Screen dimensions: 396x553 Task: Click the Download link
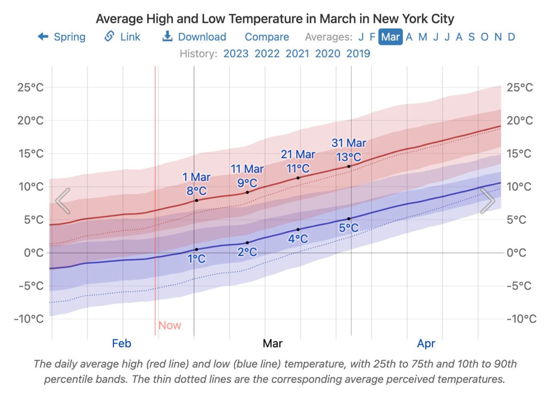coord(194,37)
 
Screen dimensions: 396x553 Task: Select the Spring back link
coord(62,37)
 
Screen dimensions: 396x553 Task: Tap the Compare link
coord(267,37)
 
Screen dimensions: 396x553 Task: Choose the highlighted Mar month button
coord(390,37)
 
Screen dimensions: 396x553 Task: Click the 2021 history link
coord(297,53)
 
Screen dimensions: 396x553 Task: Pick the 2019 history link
coord(358,53)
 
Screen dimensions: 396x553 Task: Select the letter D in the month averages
coord(511,37)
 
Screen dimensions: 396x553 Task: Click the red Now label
coord(169,325)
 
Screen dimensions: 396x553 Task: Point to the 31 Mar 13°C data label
coord(349,150)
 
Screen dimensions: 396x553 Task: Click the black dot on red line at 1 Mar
coord(197,200)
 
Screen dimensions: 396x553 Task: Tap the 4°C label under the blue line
coord(298,239)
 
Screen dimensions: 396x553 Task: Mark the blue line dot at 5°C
coord(349,219)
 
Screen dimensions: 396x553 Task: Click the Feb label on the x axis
coord(121,343)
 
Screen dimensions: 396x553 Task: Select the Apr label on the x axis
coord(426,343)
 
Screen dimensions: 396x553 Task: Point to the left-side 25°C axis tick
coord(30,87)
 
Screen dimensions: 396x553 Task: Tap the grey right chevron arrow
coord(488,200)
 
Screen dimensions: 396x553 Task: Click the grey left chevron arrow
coord(63,200)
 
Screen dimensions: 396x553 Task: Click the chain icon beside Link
coord(109,37)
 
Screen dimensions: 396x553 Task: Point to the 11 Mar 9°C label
coord(247,176)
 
